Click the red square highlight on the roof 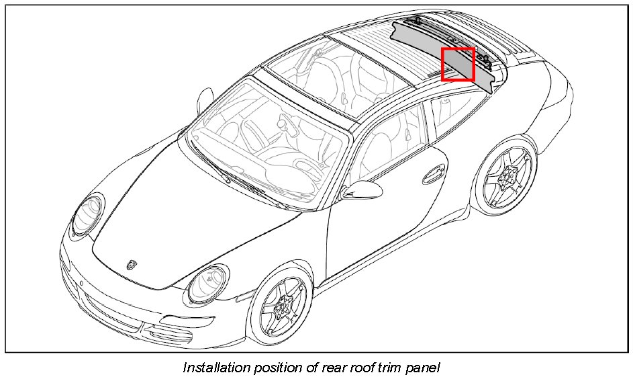(x=458, y=65)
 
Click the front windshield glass (x=269, y=138)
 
